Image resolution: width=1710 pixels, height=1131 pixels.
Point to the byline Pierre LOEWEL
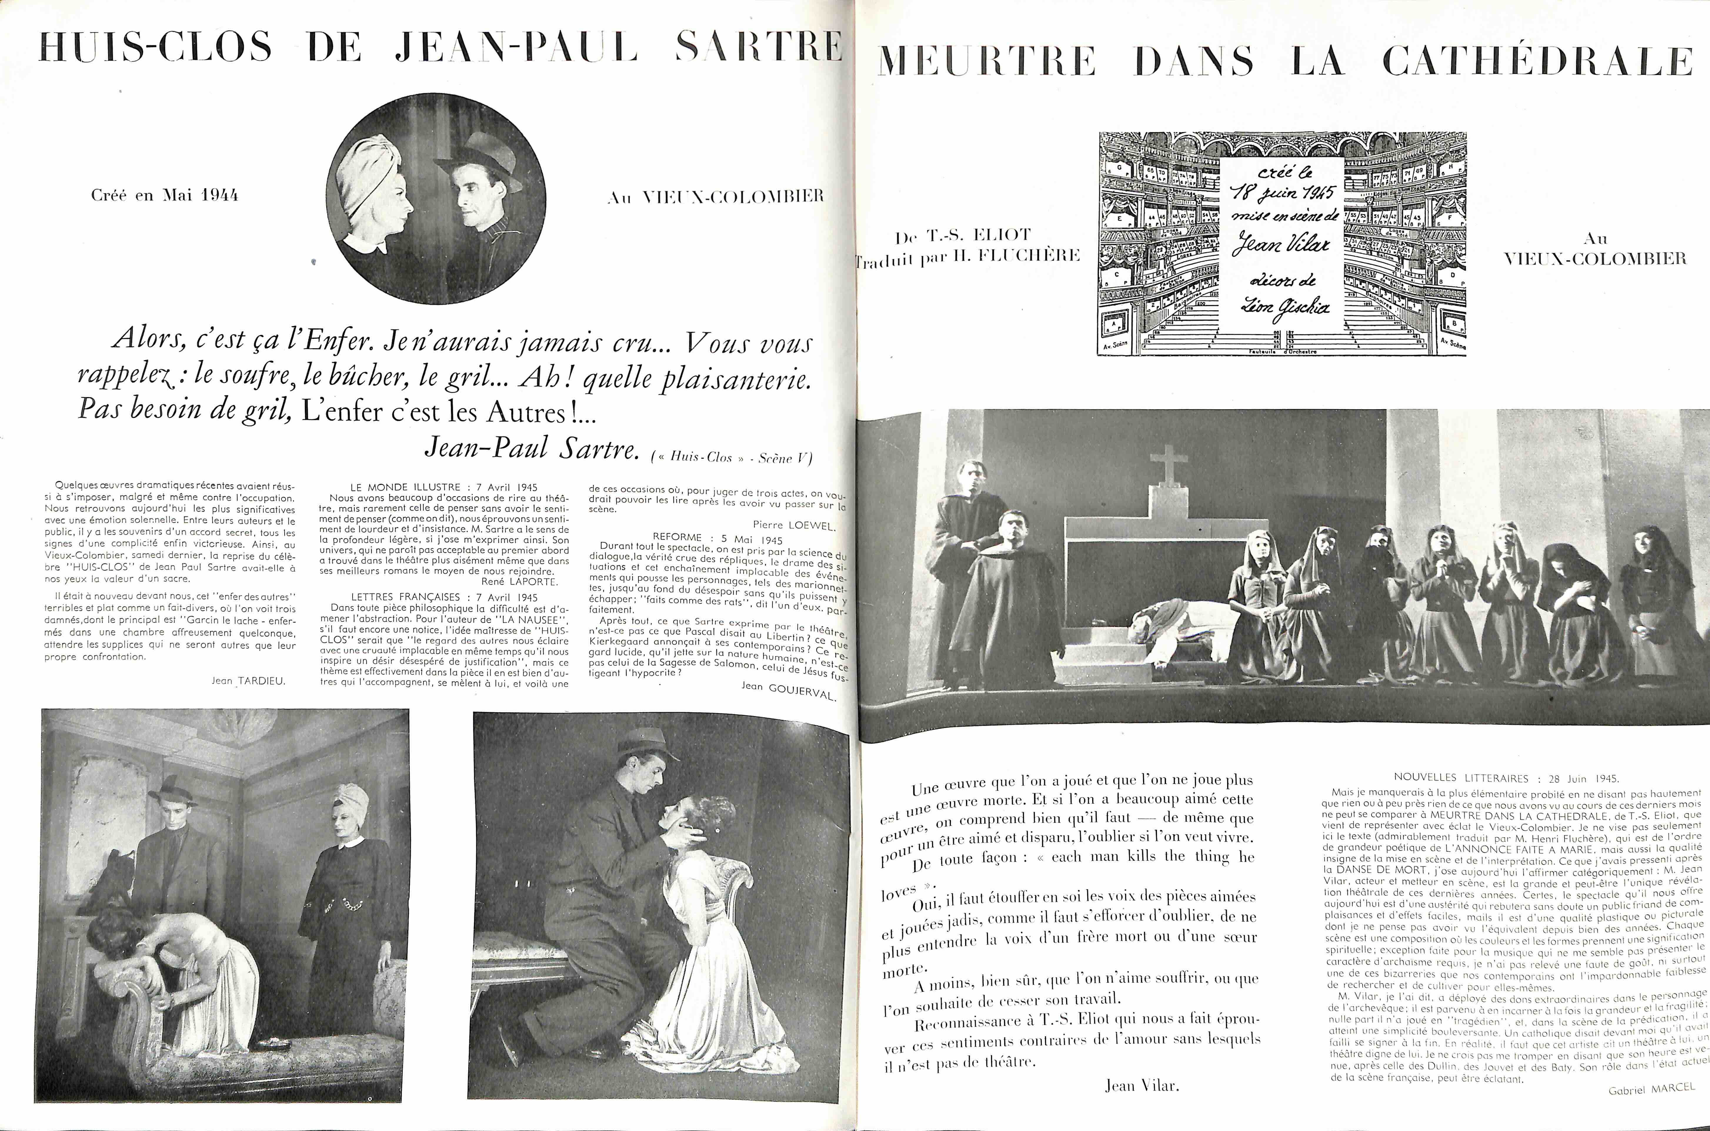click(794, 525)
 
